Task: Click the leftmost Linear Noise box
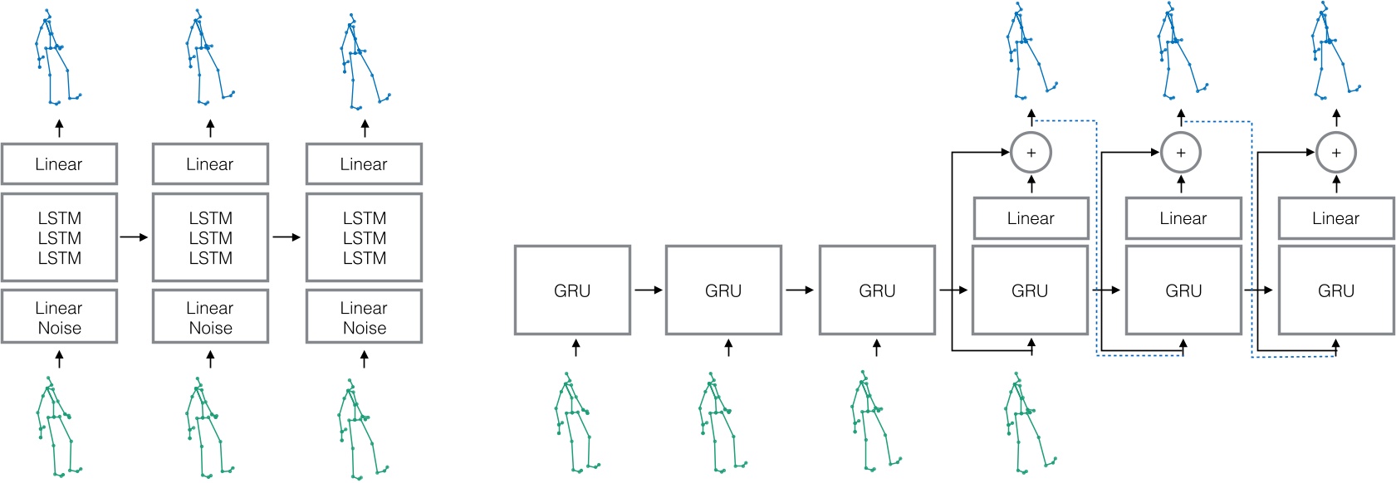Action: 59,316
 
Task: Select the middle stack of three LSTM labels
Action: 210,238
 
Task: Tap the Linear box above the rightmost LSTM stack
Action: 364,164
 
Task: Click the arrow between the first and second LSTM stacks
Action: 134,237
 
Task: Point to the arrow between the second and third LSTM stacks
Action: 287,237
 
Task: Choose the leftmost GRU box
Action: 572,290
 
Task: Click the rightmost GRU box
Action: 1335,290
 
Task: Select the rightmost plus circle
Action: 1335,153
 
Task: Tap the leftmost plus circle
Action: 1031,153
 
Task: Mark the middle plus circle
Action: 1181,153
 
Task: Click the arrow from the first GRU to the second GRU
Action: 649,290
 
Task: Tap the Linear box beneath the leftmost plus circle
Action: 1031,218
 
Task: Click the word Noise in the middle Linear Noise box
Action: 210,328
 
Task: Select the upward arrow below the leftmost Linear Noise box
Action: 59,359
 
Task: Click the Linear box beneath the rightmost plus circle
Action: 1335,218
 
